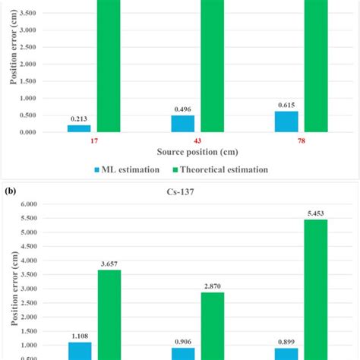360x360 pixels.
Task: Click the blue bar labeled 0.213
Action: click(x=79, y=128)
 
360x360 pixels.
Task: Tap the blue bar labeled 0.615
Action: click(x=286, y=122)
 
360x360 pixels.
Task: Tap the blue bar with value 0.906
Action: click(x=182, y=353)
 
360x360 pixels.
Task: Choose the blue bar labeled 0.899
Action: click(x=286, y=353)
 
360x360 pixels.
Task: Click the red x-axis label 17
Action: click(x=93, y=142)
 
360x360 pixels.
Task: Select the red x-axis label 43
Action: click(x=197, y=142)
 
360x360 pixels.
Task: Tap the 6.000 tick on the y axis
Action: click(x=30, y=204)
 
